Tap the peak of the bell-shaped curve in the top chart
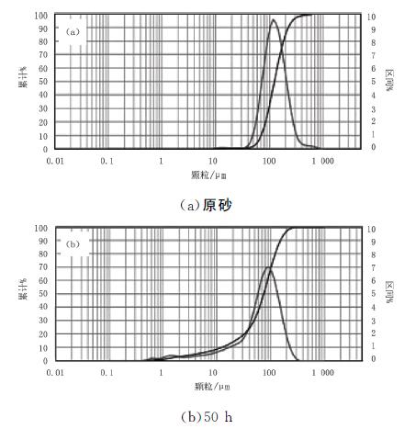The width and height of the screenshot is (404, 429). pyautogui.click(x=273, y=20)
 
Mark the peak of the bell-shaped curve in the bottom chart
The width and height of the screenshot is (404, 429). pyautogui.click(x=268, y=267)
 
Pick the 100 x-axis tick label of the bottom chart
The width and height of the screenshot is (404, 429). pyautogui.click(x=268, y=374)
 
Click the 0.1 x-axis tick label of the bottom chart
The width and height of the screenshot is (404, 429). pyautogui.click(x=107, y=374)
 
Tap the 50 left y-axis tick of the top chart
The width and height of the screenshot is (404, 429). pyautogui.click(x=42, y=83)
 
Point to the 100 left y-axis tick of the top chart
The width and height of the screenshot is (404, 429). pyautogui.click(x=39, y=17)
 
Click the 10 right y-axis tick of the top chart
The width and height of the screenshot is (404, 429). pyautogui.click(x=370, y=17)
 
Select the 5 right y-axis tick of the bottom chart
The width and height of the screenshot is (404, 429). pyautogui.click(x=369, y=295)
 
